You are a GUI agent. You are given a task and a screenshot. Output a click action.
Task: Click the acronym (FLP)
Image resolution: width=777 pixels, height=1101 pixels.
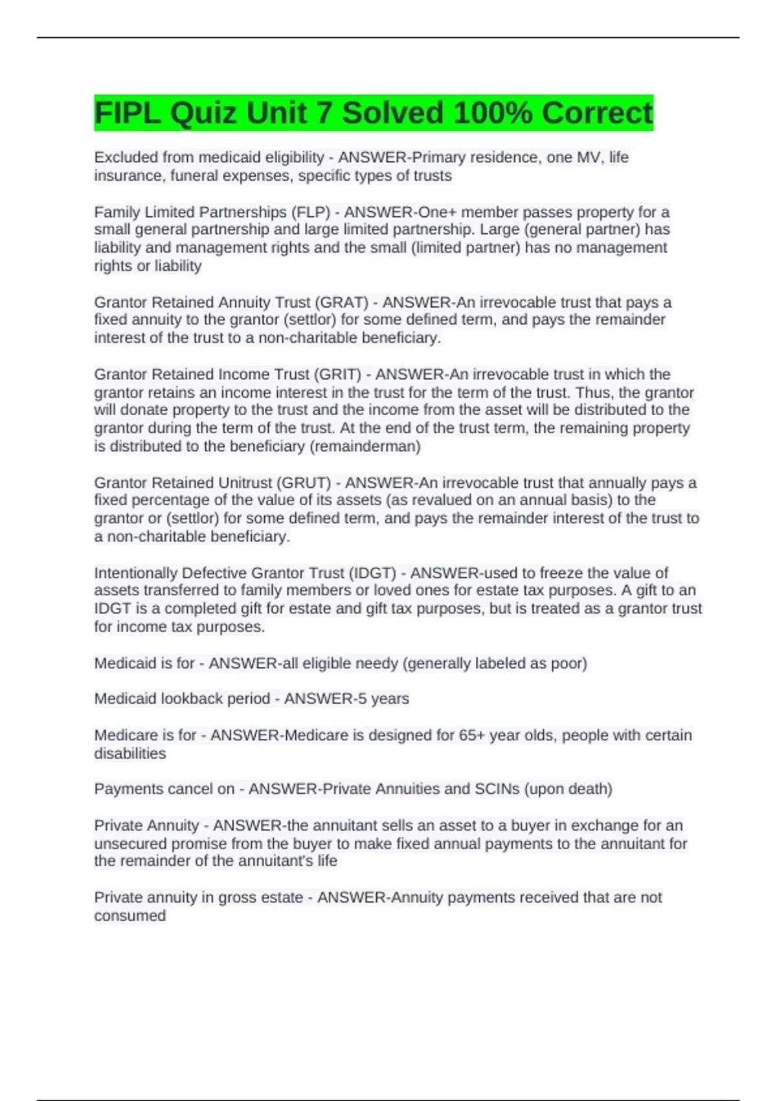pos(310,212)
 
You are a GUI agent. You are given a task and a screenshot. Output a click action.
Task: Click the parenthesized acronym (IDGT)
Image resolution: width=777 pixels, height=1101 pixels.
pos(372,573)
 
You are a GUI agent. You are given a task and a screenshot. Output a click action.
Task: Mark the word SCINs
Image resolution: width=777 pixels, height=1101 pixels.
pos(497,789)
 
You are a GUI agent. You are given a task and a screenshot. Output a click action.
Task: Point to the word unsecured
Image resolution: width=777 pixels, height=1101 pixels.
pos(128,843)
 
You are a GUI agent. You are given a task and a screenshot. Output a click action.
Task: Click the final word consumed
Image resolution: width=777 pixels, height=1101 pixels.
pos(129,916)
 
